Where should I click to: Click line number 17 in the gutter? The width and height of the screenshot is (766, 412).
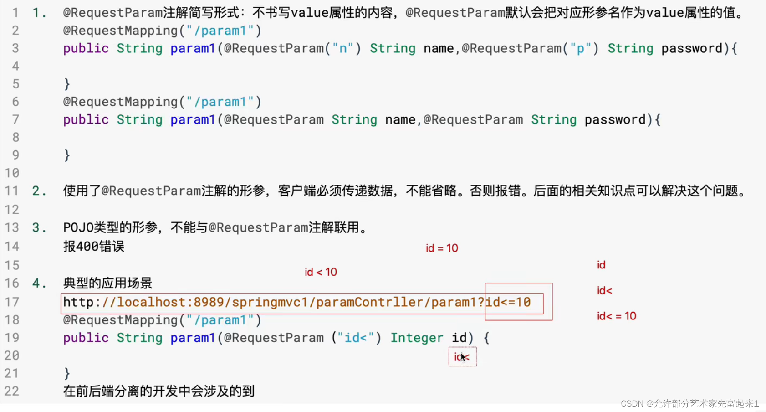click(x=12, y=302)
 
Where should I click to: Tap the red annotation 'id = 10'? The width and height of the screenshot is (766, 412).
click(x=442, y=248)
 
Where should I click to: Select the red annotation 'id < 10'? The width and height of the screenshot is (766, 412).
click(x=321, y=272)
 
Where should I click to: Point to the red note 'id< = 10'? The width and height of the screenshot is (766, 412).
click(x=616, y=316)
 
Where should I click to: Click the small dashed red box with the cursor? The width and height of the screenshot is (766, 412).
click(x=462, y=357)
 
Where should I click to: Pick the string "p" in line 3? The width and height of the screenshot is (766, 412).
click(x=581, y=48)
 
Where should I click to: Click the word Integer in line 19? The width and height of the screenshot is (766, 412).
click(x=416, y=338)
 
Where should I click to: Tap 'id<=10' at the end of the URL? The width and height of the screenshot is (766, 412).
click(x=508, y=302)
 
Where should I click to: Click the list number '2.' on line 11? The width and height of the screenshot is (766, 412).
click(x=39, y=191)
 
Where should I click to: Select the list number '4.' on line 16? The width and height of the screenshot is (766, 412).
click(x=39, y=283)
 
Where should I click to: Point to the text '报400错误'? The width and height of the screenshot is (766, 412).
click(x=93, y=247)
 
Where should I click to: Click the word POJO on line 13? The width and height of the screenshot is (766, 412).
click(x=78, y=227)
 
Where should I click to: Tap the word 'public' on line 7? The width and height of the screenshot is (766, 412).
click(x=86, y=120)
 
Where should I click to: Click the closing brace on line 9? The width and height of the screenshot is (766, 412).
click(x=67, y=155)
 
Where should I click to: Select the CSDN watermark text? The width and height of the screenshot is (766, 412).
click(x=689, y=403)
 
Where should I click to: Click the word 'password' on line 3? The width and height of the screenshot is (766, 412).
click(x=691, y=48)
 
